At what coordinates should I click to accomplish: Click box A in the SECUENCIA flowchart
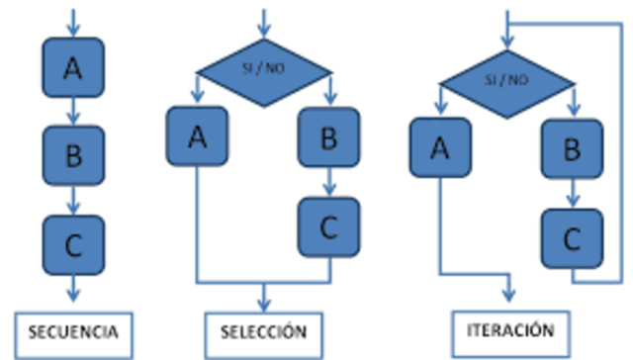click(x=72, y=67)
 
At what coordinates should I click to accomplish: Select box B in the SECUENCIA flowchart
click(x=72, y=156)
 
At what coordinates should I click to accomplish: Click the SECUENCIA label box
click(x=72, y=329)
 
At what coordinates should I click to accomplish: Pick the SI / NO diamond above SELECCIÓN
click(x=263, y=67)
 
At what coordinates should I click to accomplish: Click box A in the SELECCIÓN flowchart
click(x=198, y=136)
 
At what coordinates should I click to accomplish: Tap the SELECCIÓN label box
click(x=263, y=329)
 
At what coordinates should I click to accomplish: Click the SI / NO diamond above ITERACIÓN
click(x=505, y=75)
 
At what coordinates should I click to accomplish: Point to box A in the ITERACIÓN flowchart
click(x=440, y=148)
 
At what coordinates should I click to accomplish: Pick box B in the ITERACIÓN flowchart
click(x=571, y=149)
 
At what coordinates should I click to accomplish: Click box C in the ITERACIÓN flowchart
click(x=571, y=238)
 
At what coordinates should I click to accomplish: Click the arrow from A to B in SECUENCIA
click(x=72, y=112)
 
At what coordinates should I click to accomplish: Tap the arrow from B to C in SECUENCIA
click(x=72, y=201)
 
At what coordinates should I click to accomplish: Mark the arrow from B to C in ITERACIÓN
click(x=571, y=194)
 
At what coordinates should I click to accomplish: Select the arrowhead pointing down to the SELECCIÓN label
click(x=263, y=304)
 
